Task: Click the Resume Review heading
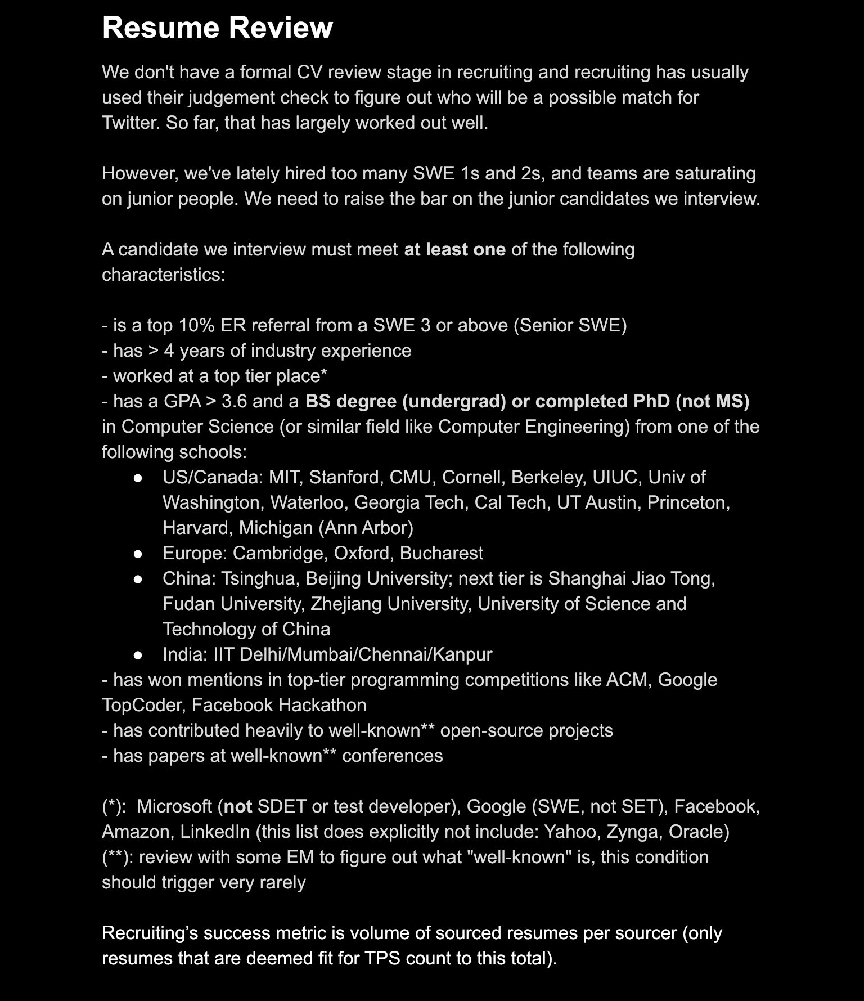(217, 28)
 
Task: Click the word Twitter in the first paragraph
(130, 123)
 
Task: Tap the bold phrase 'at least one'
(454, 249)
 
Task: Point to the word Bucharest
(441, 553)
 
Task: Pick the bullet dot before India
(138, 655)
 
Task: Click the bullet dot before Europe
(138, 554)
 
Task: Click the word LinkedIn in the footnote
(215, 832)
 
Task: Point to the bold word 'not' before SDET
(238, 806)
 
